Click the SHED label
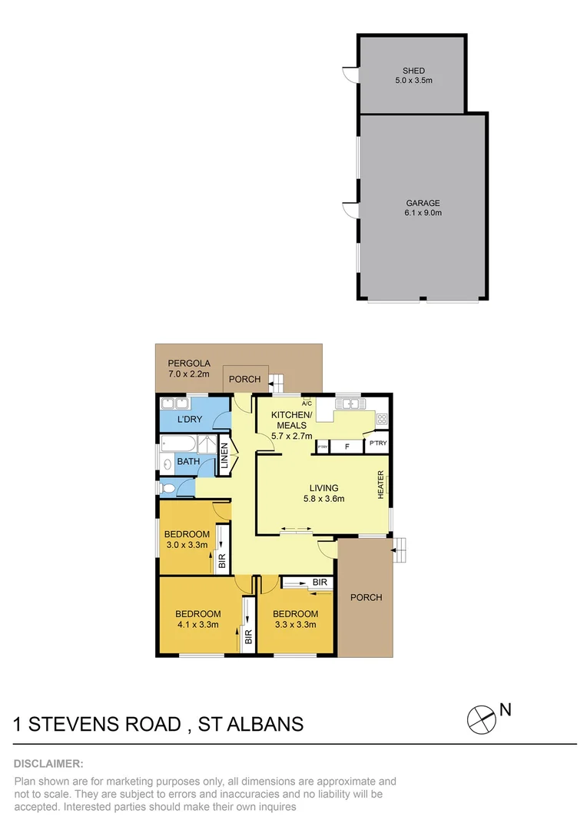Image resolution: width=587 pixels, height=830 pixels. point(413,71)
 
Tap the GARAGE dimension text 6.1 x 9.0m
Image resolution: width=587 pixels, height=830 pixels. point(424,213)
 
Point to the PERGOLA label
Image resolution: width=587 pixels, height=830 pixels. point(184,364)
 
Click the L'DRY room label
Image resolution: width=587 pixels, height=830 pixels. point(189,420)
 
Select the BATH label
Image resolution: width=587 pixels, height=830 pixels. point(188,461)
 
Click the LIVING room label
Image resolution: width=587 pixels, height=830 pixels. point(323,488)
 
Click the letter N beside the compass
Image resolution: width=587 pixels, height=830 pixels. point(506,710)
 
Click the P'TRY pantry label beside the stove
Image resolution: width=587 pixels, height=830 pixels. point(378,443)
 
